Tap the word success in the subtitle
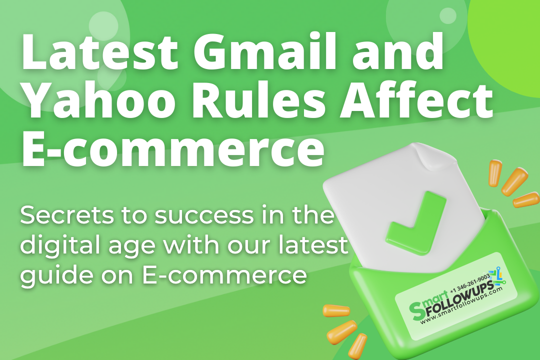point(190,216)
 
